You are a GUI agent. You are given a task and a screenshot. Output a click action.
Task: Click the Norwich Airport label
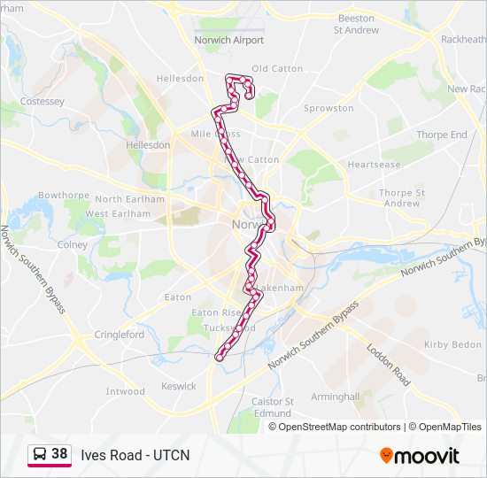(x=229, y=40)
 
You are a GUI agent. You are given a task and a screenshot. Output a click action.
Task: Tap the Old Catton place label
(x=277, y=68)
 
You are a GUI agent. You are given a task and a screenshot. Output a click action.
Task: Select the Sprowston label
(x=329, y=108)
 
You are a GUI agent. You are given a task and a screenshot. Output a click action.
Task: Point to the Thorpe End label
(x=442, y=135)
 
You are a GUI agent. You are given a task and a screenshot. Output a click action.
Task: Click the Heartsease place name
(x=375, y=165)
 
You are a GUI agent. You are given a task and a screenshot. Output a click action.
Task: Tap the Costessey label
(x=43, y=102)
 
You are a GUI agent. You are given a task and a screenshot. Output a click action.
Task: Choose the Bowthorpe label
(x=60, y=195)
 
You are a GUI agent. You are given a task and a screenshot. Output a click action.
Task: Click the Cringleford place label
(x=120, y=335)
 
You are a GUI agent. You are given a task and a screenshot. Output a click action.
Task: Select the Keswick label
(x=179, y=386)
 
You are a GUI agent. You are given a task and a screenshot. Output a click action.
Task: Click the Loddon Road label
(x=389, y=364)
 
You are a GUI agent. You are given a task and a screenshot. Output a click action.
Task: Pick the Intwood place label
(x=125, y=391)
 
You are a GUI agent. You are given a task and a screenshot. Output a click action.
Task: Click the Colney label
(x=73, y=244)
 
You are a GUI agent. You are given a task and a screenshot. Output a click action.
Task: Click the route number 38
(x=59, y=454)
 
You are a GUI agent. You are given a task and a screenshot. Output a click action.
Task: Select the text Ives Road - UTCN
(x=135, y=455)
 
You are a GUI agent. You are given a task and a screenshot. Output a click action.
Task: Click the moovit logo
(x=420, y=456)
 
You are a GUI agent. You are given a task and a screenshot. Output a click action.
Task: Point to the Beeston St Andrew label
(x=356, y=24)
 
